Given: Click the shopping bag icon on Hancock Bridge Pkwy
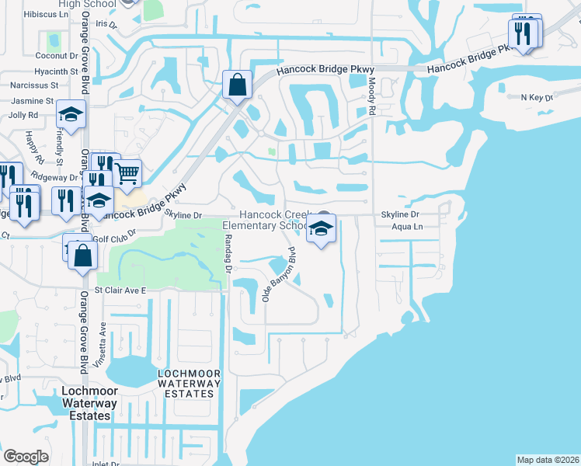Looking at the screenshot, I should [x=237, y=84].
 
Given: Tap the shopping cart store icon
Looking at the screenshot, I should [x=127, y=172].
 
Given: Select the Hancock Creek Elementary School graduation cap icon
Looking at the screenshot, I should [x=320, y=228].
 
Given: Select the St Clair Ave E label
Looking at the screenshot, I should [x=120, y=290].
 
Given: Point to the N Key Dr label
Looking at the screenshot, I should [x=537, y=98].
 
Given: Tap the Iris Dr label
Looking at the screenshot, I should [x=106, y=24].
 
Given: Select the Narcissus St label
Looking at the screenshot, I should [x=34, y=85].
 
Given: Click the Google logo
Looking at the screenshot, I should [x=26, y=457].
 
